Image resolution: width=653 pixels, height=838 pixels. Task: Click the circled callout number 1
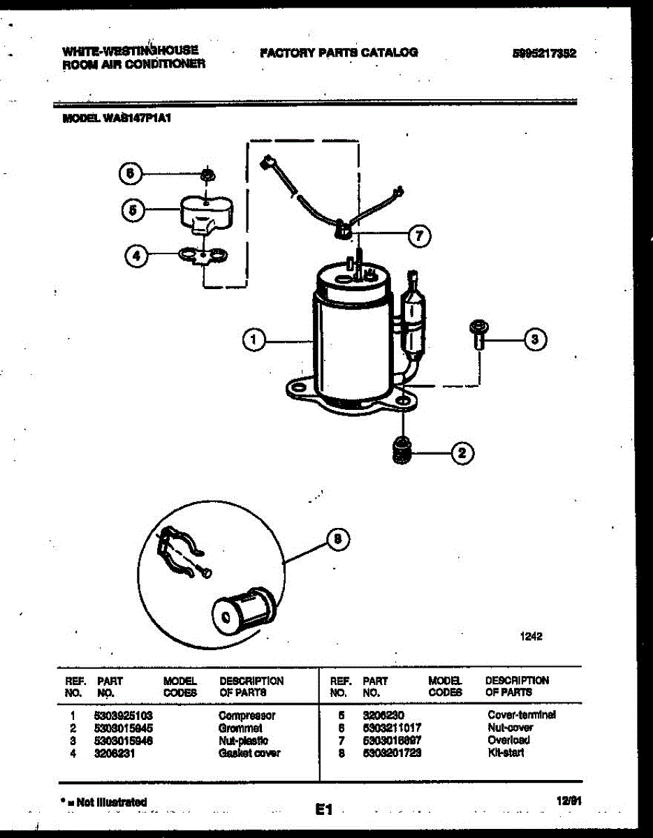point(255,340)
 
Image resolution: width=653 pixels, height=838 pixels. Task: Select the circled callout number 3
point(534,340)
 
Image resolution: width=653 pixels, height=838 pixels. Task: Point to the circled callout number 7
point(418,236)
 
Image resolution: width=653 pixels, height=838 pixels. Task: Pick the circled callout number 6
point(130,174)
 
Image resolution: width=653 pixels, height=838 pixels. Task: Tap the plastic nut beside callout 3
point(479,334)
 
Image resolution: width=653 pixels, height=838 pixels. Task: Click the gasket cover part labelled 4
point(203,256)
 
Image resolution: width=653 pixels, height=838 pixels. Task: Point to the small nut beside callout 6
point(207,173)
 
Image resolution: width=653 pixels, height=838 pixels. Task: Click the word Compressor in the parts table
point(247,716)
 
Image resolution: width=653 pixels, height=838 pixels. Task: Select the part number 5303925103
point(123,716)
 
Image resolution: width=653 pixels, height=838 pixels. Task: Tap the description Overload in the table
point(508,740)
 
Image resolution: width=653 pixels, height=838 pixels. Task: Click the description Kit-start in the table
point(506,753)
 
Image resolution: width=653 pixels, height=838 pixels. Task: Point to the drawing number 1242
point(531,636)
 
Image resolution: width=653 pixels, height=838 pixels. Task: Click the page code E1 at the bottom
point(323,810)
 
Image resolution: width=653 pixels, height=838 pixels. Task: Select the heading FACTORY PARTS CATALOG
point(338,52)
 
